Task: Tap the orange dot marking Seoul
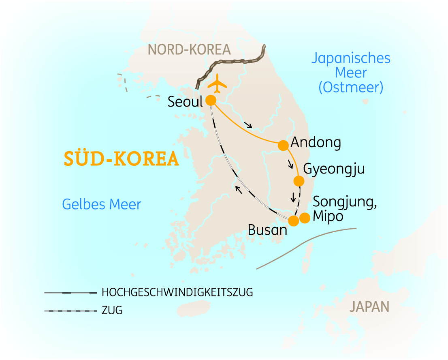pos(211,101)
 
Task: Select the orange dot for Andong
pos(283,145)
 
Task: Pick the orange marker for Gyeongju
pos(299,181)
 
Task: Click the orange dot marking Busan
pos(293,221)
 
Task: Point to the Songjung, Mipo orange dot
pos(305,218)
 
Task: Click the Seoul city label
pos(185,102)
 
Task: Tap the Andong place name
pos(316,143)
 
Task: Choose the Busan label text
pos(267,230)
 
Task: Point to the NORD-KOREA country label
pos(189,49)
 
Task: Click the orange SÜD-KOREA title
pos(121,159)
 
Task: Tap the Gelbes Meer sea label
pos(102,204)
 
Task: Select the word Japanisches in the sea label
pos(351,58)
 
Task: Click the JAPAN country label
pos(369,306)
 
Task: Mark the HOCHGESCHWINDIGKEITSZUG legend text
pos(177,292)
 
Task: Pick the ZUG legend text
pos(112,311)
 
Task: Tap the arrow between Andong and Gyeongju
pos(290,164)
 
